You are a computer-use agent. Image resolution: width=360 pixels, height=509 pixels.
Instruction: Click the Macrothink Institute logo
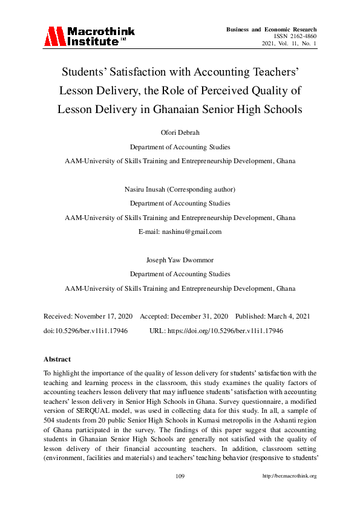(x=89, y=36)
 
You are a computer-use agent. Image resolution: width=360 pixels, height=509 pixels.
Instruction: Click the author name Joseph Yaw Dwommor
(x=180, y=259)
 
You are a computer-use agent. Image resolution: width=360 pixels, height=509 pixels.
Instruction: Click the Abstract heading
(x=57, y=359)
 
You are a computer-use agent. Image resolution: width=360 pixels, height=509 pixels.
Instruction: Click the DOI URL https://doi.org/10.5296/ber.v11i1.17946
(x=225, y=331)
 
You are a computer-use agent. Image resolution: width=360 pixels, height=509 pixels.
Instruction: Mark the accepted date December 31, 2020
(x=200, y=316)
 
